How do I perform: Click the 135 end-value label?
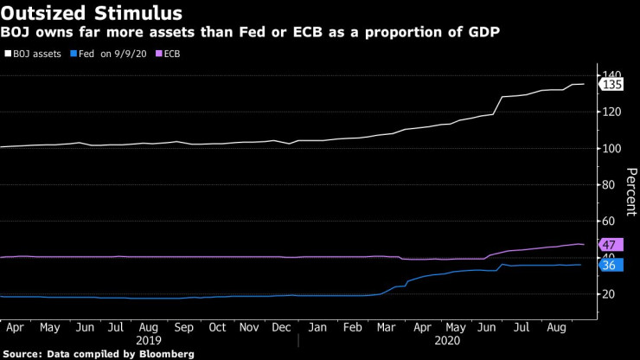[612, 85]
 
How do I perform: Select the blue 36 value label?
[609, 265]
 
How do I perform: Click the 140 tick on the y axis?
[612, 75]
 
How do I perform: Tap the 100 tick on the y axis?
[612, 148]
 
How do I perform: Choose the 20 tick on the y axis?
[609, 294]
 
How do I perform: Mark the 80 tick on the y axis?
[609, 184]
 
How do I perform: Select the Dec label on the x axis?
[282, 328]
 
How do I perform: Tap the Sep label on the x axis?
[183, 328]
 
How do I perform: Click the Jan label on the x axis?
[317, 328]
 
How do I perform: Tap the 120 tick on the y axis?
[612, 112]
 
